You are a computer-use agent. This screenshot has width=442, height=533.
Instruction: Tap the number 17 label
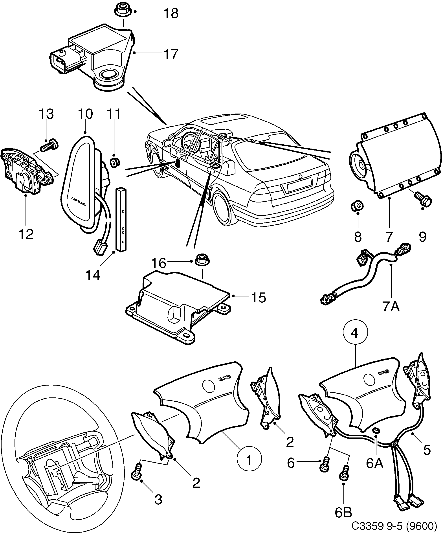[171, 54]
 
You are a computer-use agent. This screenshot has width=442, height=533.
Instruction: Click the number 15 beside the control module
[259, 297]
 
